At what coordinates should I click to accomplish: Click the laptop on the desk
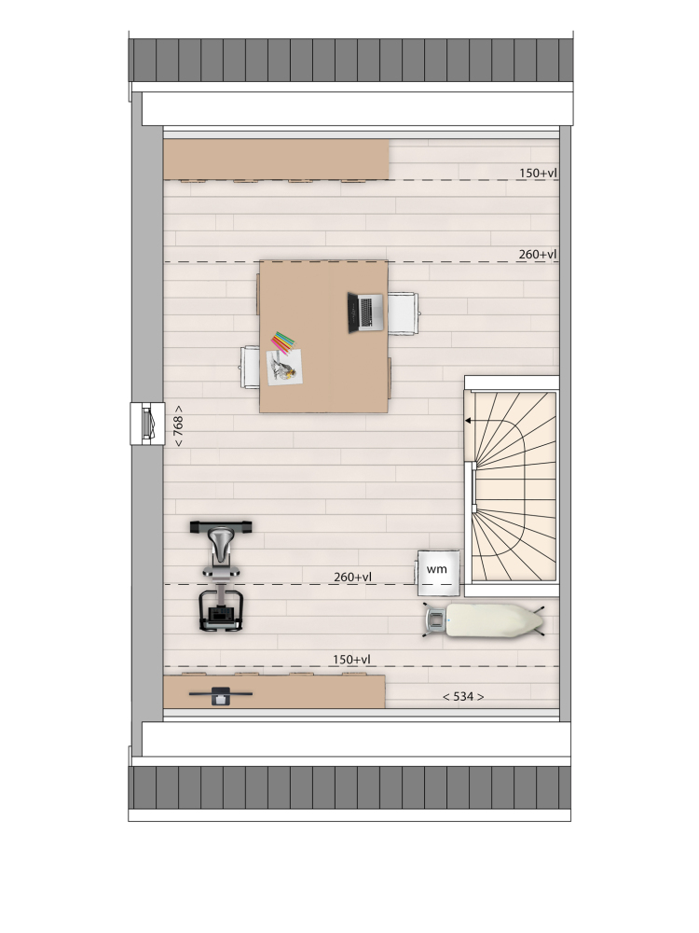[365, 313]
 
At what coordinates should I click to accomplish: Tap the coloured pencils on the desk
[283, 342]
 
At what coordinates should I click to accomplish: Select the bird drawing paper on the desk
[284, 367]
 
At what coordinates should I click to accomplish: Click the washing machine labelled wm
[438, 573]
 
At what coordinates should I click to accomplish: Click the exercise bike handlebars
[221, 526]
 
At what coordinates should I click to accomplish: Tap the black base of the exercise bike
[221, 610]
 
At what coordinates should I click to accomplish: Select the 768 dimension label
[178, 426]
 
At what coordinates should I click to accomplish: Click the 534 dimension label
[463, 696]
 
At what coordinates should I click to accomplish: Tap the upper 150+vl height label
[538, 174]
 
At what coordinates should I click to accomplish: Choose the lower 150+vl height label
[351, 660]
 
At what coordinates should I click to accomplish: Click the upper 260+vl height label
[538, 255]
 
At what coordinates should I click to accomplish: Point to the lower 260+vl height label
[352, 578]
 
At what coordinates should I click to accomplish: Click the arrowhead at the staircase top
[468, 421]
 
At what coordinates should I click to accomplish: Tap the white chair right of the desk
[403, 313]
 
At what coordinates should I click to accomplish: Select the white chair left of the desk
[250, 367]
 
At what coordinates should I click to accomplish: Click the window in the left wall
[147, 424]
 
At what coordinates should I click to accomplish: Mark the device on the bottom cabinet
[221, 695]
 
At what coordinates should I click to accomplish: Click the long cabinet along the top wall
[276, 160]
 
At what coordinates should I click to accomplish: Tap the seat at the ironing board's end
[434, 620]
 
